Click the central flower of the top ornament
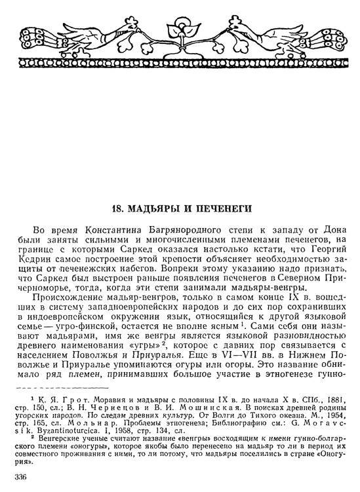point(176,34)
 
